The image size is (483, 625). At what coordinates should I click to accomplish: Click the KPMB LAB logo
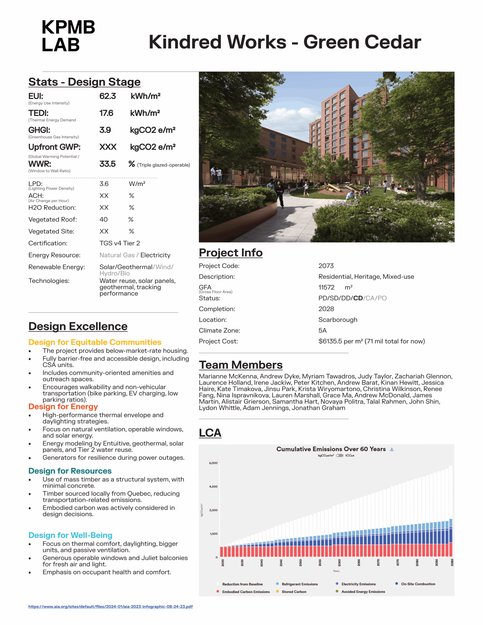tap(68, 36)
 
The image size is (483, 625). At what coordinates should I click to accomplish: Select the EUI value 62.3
tap(107, 96)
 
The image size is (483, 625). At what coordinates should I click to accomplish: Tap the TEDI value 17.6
tap(106, 113)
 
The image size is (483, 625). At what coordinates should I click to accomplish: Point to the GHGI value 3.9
tap(105, 130)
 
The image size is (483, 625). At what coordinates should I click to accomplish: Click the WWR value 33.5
tap(107, 164)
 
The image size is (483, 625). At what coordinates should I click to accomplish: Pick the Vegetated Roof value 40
tap(103, 219)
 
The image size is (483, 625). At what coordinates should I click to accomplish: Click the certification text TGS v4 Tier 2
tap(120, 243)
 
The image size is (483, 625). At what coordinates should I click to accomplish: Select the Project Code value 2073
tap(326, 266)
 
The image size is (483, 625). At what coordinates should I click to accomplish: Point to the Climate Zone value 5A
tap(322, 331)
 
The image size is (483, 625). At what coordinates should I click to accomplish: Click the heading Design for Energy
tap(63, 407)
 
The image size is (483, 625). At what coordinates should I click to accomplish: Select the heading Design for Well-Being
tap(70, 535)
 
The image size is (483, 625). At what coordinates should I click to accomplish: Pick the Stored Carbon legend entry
tap(294, 592)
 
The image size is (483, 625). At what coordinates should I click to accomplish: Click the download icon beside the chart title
tap(392, 449)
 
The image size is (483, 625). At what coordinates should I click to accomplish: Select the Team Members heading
tap(241, 365)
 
